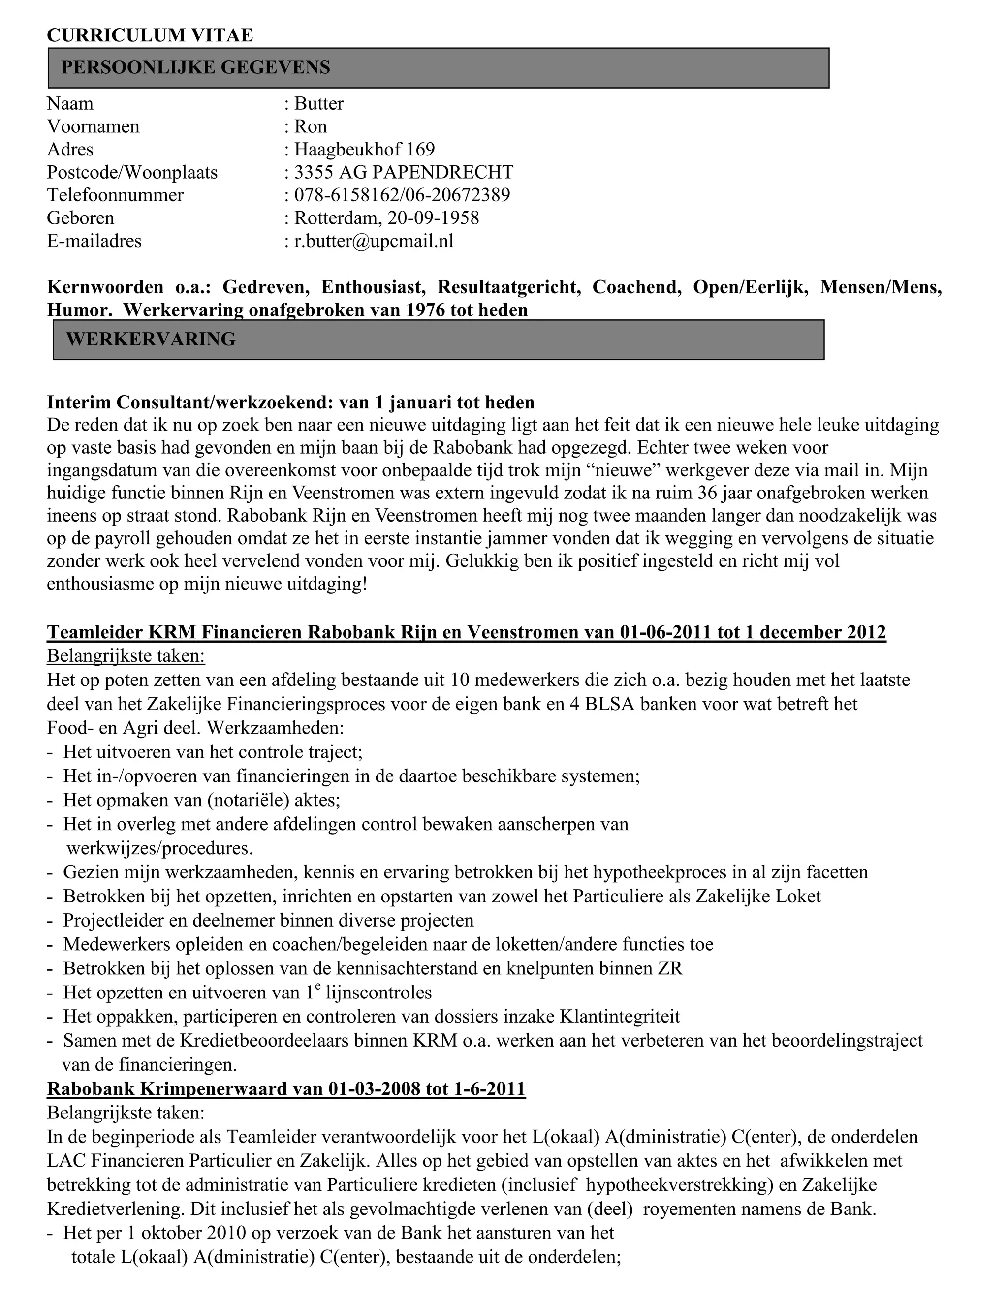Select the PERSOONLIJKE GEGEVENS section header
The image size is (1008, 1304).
coord(195,67)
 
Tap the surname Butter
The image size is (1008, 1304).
coord(319,104)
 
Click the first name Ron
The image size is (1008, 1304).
coord(311,126)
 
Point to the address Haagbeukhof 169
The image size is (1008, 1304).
coord(364,149)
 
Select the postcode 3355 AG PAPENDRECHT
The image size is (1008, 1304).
coord(404,173)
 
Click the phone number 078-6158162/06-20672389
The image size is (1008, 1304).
coord(402,195)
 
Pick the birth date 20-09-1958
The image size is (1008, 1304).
coord(433,218)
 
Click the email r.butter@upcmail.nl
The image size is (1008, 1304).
coord(374,241)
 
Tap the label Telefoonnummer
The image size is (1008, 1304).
coord(115,195)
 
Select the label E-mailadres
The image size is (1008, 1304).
coord(94,241)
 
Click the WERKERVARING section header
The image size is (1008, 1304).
coord(151,339)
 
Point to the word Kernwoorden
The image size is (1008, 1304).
coord(105,287)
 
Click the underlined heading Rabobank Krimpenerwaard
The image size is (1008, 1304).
coord(286,1088)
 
